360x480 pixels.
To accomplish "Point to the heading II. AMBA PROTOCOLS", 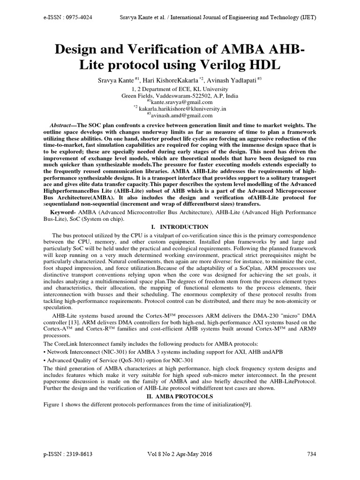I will coord(180,396).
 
